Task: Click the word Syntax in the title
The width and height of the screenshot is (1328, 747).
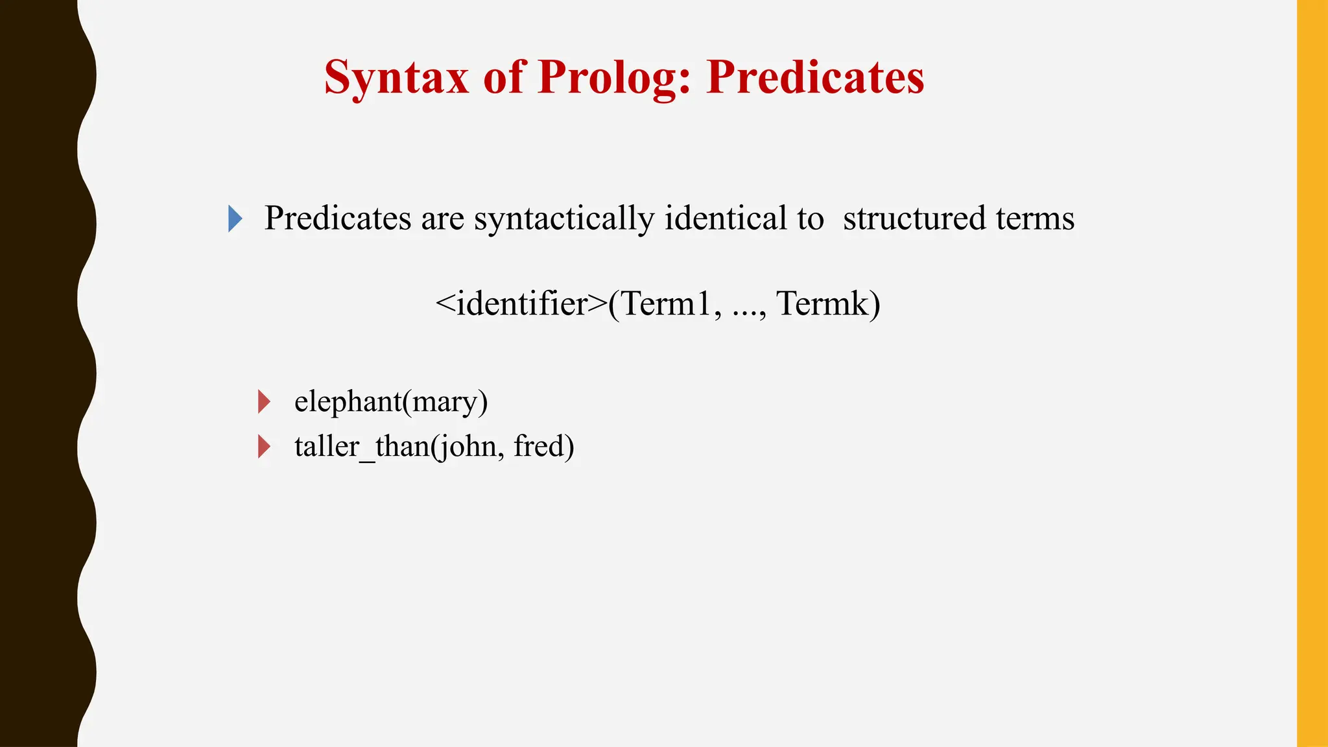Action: point(396,78)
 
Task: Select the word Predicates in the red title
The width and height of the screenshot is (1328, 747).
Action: point(815,77)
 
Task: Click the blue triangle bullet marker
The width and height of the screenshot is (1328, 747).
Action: point(235,219)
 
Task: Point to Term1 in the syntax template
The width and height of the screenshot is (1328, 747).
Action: point(668,303)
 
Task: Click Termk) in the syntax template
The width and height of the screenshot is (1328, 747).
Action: point(828,303)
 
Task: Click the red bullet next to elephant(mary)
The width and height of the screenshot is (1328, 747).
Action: point(264,401)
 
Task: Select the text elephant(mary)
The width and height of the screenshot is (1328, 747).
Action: point(391,401)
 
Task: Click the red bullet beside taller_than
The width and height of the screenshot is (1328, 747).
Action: point(264,446)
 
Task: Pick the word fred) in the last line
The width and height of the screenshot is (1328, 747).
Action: point(543,446)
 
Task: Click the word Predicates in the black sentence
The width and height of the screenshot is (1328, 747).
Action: point(337,219)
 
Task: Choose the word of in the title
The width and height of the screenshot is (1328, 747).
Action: point(503,78)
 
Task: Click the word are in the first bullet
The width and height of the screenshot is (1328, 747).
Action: point(442,219)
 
